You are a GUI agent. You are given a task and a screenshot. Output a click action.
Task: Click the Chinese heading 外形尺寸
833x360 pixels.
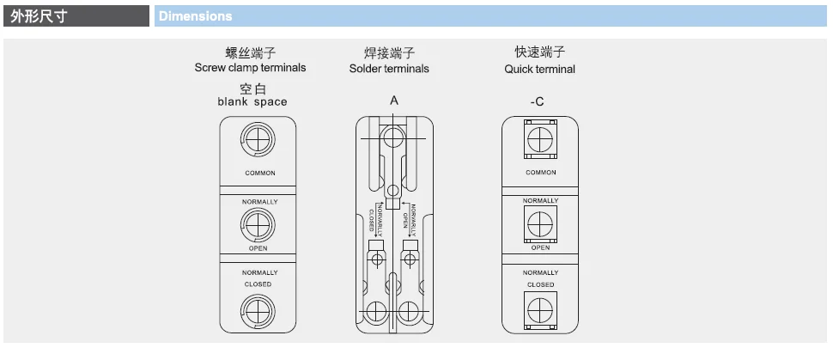click(39, 16)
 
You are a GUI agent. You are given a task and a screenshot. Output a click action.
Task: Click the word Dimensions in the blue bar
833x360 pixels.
click(196, 16)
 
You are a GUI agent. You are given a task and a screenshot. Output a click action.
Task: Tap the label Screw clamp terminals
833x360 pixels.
click(250, 68)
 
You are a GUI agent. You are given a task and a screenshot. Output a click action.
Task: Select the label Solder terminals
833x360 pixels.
click(389, 69)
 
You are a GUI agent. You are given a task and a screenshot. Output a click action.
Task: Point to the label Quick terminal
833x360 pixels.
click(540, 69)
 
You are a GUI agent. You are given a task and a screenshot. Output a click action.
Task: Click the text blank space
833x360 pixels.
click(252, 101)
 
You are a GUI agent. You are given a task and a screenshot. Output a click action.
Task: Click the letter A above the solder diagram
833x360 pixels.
click(394, 101)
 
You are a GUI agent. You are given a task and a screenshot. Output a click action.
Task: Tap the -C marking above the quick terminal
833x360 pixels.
click(537, 101)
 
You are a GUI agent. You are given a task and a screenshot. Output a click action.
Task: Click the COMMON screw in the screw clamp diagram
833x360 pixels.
click(258, 139)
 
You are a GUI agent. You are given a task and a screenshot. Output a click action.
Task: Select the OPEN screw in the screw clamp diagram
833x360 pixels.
click(258, 225)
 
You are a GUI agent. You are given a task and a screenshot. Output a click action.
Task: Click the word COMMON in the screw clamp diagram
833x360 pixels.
click(260, 173)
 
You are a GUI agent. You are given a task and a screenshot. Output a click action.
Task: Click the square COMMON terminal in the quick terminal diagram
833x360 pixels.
click(540, 139)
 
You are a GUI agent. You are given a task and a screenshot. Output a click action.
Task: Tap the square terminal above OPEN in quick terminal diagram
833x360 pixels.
click(540, 223)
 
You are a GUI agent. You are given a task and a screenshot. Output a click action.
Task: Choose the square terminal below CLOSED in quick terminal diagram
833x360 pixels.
click(540, 309)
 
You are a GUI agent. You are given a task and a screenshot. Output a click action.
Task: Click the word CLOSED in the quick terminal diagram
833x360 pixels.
click(541, 284)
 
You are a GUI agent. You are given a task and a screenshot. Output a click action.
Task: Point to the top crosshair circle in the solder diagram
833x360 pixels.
click(393, 137)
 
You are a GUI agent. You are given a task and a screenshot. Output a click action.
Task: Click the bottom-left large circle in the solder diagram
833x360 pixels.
click(376, 312)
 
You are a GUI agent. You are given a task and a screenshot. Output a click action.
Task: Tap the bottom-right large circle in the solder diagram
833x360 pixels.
click(409, 312)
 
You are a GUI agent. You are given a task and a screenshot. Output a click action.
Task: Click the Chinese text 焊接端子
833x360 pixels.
click(389, 53)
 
